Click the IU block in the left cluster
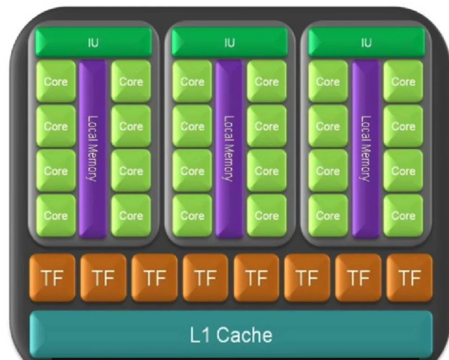click(94, 43)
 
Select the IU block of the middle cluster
click(229, 43)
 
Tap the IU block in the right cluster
click(366, 43)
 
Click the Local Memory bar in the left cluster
click(93, 148)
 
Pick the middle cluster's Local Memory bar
click(229, 148)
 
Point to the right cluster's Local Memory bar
click(365, 148)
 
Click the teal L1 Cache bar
click(230, 335)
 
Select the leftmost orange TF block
click(52, 278)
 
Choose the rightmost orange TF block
click(409, 278)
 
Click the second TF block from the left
click(103, 278)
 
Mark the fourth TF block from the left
click(205, 278)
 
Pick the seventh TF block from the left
click(358, 278)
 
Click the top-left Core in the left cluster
click(56, 81)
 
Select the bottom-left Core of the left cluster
click(56, 215)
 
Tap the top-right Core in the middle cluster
click(266, 81)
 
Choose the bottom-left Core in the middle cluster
click(192, 215)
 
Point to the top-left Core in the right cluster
click(327, 81)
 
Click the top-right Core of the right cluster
click(403, 81)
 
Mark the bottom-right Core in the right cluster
click(403, 215)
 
